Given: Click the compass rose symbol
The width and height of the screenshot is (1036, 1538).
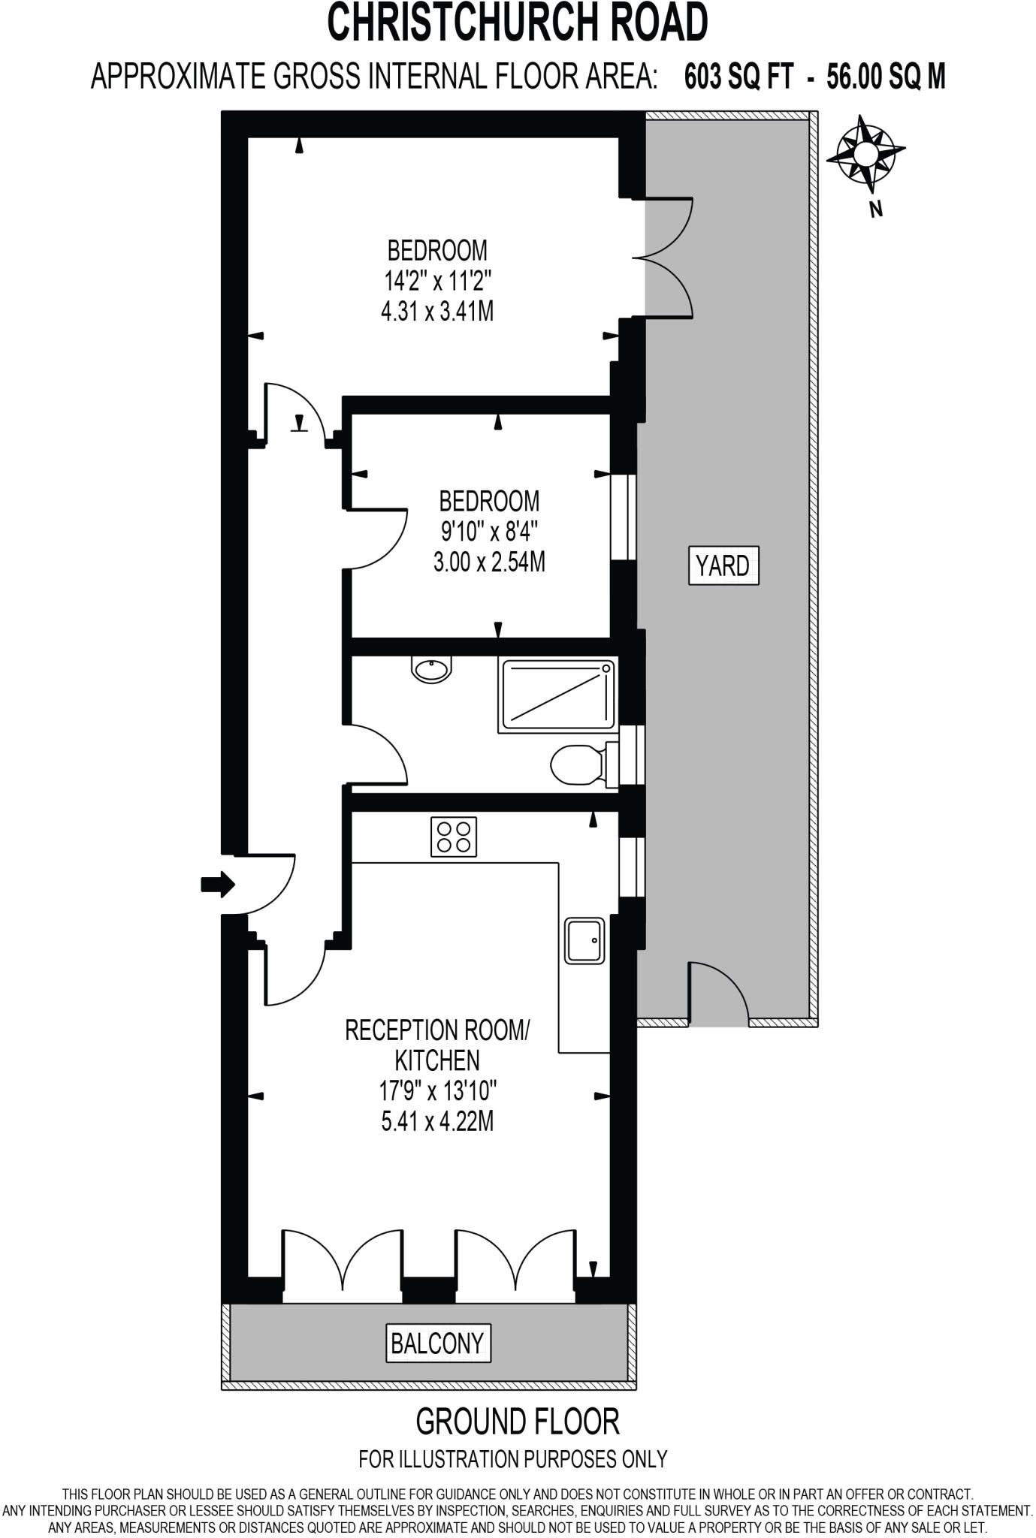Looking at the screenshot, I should coord(865,155).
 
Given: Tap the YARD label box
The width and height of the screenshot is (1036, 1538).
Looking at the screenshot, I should coord(723,565).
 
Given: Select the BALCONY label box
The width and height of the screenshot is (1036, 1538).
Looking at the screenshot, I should coord(437,1343).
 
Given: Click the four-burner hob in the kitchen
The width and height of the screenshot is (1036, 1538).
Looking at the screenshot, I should coord(454,837).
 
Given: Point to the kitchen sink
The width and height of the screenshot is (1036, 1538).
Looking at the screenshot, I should coord(584,939).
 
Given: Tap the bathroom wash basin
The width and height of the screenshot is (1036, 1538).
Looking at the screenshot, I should coord(432,668).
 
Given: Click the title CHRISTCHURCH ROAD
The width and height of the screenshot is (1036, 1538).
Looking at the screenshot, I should coord(518,23).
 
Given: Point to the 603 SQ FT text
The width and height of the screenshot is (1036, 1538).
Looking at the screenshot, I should coord(738,77).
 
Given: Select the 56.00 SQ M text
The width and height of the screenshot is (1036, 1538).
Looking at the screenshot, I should coord(886,77).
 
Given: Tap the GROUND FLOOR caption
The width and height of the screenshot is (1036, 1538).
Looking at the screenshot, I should coord(518,1421).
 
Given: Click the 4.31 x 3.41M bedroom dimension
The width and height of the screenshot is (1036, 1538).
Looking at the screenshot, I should coord(437,311).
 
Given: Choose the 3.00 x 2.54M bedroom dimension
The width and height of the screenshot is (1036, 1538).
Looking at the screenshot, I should coord(489,562).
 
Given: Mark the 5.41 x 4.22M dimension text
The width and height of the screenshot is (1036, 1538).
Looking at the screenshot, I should coord(437,1122).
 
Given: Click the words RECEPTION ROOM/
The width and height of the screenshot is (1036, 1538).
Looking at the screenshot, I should coord(437,1030).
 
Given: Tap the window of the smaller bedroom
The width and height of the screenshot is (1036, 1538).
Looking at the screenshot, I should coord(622,517).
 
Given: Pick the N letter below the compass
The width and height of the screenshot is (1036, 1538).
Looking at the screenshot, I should coord(875,210).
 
